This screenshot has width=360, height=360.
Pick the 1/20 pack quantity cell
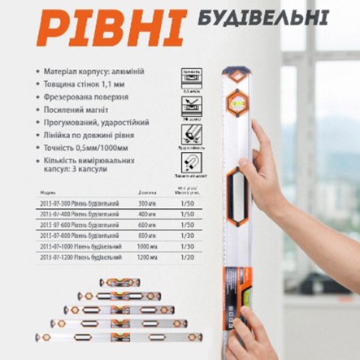click(188, 256)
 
